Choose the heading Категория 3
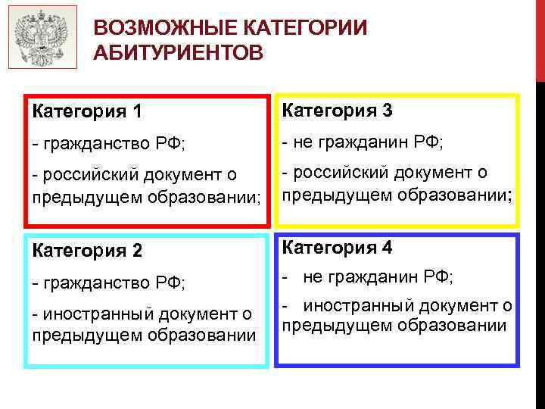pos(337,111)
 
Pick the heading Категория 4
pos(337,248)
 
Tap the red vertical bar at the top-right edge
pos(540,38)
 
